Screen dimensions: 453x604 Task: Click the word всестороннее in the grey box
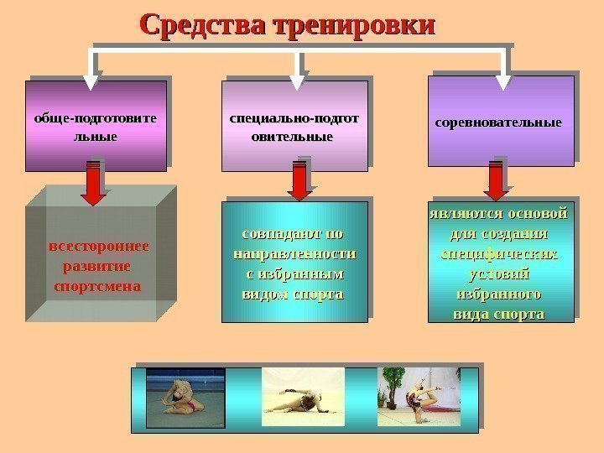click(99, 247)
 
